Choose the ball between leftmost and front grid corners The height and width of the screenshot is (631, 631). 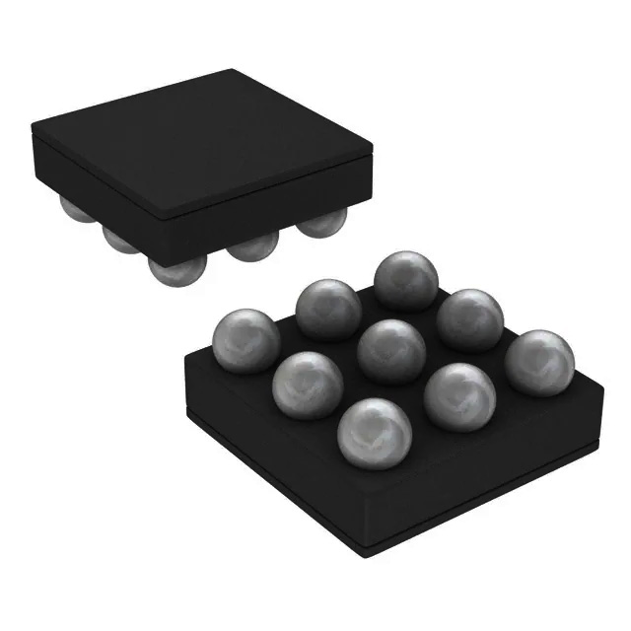pos(307,385)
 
